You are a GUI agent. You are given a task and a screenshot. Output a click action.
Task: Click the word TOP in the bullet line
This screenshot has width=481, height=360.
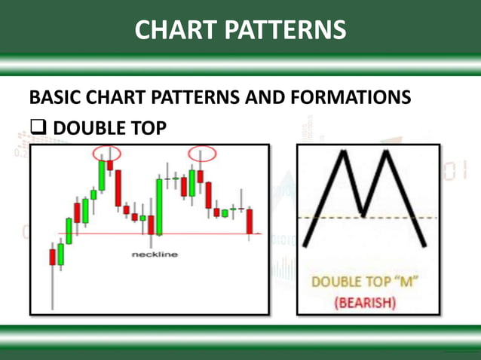(146, 129)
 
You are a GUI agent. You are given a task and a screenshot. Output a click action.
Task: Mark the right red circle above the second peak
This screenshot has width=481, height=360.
(201, 154)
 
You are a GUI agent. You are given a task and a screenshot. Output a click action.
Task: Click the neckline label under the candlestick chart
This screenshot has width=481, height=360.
(155, 255)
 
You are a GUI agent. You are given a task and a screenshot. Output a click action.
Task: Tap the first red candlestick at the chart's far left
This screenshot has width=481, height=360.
(53, 257)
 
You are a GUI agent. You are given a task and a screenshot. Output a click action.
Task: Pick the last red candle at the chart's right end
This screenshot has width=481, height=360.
(250, 221)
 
